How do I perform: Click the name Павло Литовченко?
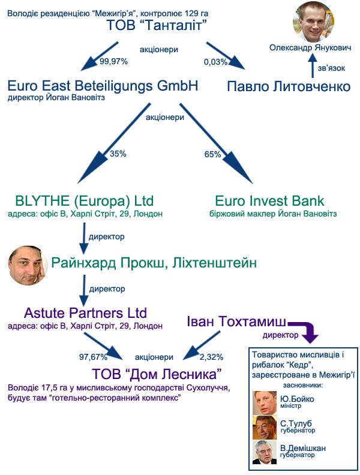pyautogui.click(x=289, y=87)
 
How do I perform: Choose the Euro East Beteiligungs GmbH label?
pyautogui.click(x=104, y=86)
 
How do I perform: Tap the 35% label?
pyautogui.click(x=118, y=154)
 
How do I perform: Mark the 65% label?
pyautogui.click(x=213, y=154)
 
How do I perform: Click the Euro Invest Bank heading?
pyautogui.click(x=270, y=201)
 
